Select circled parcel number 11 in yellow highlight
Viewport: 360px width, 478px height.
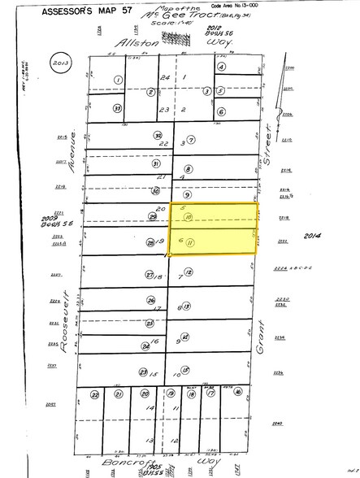(189, 242)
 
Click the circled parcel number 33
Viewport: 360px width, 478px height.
(118, 107)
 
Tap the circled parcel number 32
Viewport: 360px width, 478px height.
(158, 135)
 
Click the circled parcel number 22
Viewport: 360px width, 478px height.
(94, 394)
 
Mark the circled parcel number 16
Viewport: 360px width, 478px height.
(236, 394)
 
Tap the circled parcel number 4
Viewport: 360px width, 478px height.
(220, 68)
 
